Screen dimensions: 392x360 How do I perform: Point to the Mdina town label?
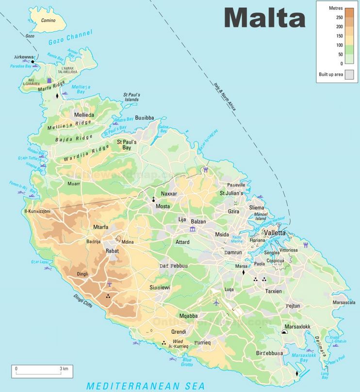point(127,241)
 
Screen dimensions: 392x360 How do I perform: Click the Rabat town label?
point(112,251)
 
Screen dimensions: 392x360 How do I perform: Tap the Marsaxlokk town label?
point(297,326)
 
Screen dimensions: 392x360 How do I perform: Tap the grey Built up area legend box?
point(349,74)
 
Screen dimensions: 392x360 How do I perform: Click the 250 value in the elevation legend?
point(339,17)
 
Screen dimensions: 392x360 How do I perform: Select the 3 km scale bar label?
point(64,369)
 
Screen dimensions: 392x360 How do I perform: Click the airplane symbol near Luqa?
point(216,303)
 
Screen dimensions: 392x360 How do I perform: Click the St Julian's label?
point(231,193)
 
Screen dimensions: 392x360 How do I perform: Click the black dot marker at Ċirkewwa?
point(33,62)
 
